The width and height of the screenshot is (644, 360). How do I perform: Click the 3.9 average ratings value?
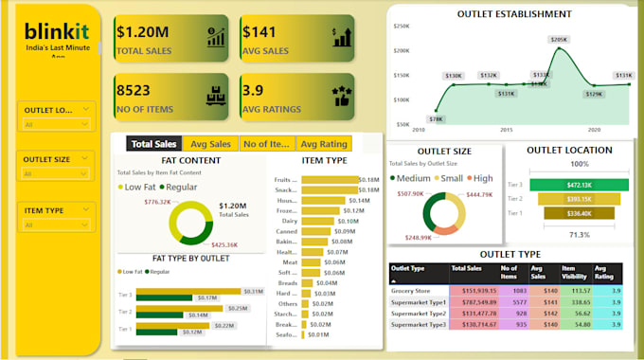pyautogui.click(x=256, y=91)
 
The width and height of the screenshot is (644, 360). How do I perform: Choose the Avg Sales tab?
pyautogui.click(x=210, y=144)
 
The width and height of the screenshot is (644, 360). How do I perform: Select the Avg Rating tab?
pyautogui.click(x=323, y=144)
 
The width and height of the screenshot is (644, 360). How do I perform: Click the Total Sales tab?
pyautogui.click(x=153, y=144)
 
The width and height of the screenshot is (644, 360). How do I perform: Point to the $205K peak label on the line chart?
pyautogui.click(x=559, y=40)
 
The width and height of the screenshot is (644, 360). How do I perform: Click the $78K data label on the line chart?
pyautogui.click(x=436, y=119)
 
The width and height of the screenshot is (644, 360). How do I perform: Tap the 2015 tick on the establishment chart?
pyautogui.click(x=506, y=131)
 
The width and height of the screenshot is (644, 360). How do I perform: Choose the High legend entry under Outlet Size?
pyautogui.click(x=484, y=178)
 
